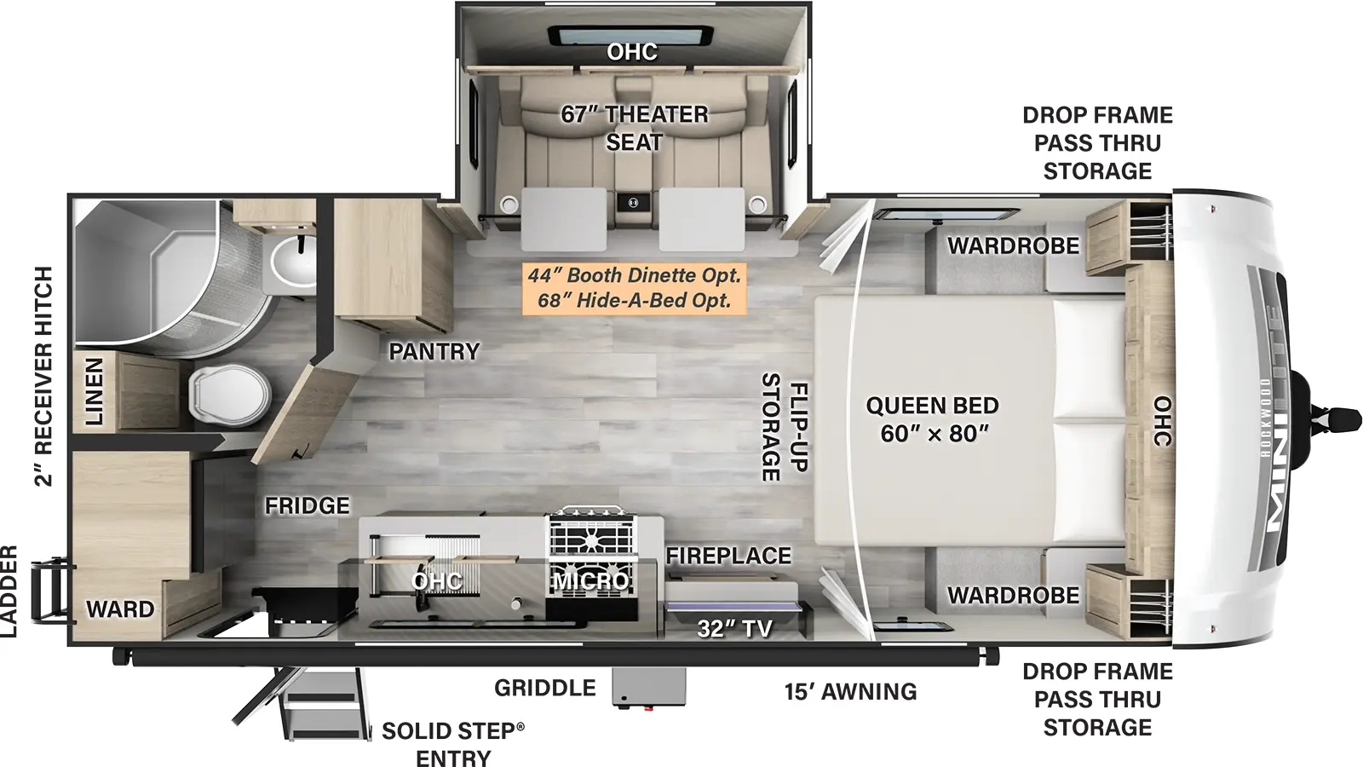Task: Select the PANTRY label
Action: click(434, 351)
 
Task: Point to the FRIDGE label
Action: click(307, 506)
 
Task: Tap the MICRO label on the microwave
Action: click(591, 582)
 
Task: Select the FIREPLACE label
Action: click(728, 556)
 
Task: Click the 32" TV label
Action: click(734, 629)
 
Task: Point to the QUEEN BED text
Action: click(932, 406)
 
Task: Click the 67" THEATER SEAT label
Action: click(634, 128)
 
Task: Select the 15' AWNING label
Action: click(850, 691)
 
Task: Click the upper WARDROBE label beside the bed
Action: click(1013, 246)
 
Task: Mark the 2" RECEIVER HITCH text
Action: click(43, 376)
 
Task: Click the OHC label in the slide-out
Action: click(632, 52)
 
